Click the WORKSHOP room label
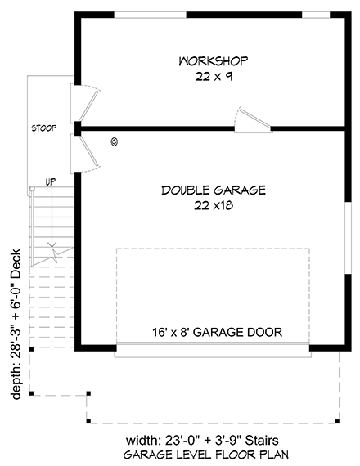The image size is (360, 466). (x=213, y=61)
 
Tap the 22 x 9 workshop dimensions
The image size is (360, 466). (x=213, y=76)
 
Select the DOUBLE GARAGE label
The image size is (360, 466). (x=214, y=190)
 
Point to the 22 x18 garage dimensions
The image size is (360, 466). (x=214, y=206)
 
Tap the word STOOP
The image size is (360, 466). (x=43, y=129)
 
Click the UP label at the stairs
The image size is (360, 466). (x=50, y=181)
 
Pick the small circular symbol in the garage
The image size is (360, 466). (x=114, y=141)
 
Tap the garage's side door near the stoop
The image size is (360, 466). (x=87, y=152)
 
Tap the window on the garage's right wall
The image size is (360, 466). (x=347, y=235)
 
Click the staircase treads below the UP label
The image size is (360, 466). (x=51, y=217)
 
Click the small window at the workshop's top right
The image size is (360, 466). (x=315, y=14)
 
